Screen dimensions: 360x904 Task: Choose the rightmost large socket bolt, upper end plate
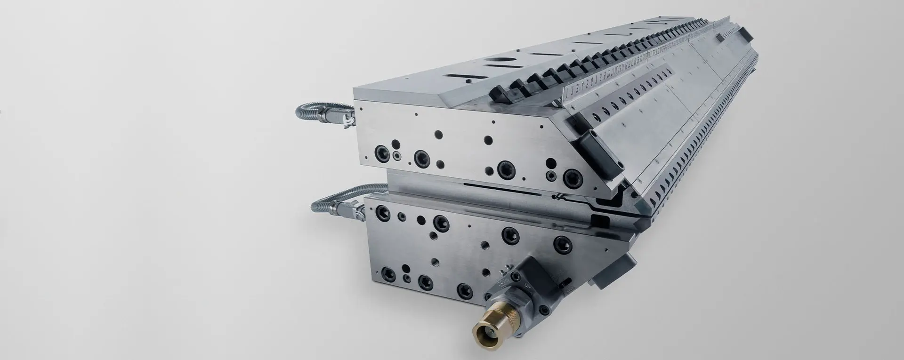(x=572, y=177)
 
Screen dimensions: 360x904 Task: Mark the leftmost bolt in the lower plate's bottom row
(x=389, y=272)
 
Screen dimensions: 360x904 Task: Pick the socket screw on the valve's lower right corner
(x=545, y=311)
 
